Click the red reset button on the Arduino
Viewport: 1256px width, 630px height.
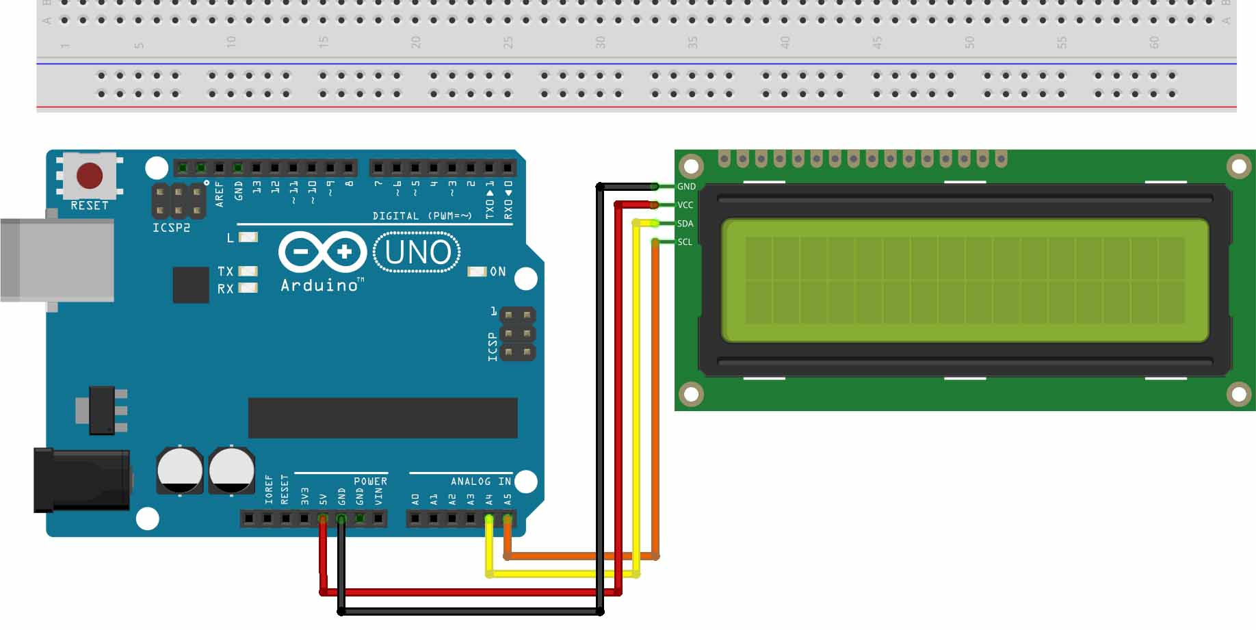[x=90, y=175]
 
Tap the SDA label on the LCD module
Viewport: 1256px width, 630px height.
[x=685, y=224]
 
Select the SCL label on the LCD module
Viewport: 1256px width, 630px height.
[x=684, y=242]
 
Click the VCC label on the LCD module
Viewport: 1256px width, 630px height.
[x=685, y=205]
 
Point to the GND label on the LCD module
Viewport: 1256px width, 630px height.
[x=686, y=187]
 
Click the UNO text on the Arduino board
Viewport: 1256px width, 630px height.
[x=417, y=252]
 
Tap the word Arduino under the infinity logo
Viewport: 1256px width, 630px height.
[x=319, y=285]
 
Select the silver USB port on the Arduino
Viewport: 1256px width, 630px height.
[x=57, y=260]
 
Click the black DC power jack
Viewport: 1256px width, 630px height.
[x=82, y=480]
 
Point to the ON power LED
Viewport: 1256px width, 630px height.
[x=476, y=272]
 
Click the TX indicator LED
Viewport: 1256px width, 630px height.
[x=248, y=272]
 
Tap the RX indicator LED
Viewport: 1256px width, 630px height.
[x=248, y=288]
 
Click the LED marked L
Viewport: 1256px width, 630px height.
[x=248, y=237]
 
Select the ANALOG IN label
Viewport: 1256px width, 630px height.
[x=480, y=482]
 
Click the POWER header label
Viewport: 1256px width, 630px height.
[x=370, y=482]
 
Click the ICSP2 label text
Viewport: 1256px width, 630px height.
[x=171, y=227]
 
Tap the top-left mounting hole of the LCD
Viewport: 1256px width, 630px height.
[x=691, y=166]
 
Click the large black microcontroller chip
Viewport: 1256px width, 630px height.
[x=382, y=417]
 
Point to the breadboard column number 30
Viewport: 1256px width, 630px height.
[x=600, y=42]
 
